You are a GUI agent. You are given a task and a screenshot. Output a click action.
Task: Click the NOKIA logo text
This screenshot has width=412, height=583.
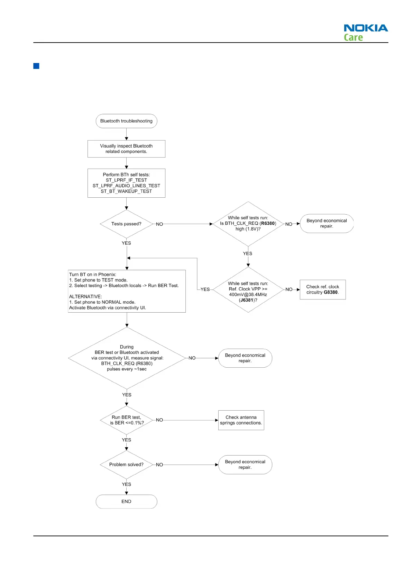[x=366, y=28]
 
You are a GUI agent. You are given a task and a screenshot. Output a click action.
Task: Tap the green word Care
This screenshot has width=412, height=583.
[x=353, y=37]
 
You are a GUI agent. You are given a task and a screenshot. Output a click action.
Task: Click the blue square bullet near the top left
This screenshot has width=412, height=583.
[x=36, y=66]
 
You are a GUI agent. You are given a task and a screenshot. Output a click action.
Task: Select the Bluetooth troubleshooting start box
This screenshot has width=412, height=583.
[x=126, y=121]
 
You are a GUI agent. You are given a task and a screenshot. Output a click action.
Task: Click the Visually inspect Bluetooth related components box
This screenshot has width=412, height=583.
[x=126, y=149]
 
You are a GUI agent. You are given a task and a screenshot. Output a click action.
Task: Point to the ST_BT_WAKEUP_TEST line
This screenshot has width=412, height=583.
[x=126, y=191]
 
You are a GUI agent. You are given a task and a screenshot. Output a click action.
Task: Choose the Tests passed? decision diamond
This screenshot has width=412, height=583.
[x=126, y=224]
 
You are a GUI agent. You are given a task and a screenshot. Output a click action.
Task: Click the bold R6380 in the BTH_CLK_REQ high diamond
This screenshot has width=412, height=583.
[x=268, y=223]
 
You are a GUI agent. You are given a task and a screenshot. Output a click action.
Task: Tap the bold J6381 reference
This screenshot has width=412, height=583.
[x=247, y=300]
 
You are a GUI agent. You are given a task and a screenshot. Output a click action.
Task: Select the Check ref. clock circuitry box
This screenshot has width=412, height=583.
[x=322, y=289]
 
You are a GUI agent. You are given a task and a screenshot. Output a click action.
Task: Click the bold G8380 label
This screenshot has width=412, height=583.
[x=331, y=292]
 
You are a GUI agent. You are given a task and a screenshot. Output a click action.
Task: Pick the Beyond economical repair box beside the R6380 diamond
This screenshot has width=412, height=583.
[x=327, y=223]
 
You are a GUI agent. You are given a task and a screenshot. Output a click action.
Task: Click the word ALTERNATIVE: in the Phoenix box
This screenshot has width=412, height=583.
[x=85, y=297]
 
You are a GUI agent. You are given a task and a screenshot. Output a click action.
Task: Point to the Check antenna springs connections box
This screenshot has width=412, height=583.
[x=241, y=420]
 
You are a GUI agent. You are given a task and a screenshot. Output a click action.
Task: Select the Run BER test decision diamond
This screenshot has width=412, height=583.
[x=126, y=420]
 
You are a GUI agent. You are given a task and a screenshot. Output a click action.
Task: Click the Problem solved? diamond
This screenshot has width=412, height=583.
[x=126, y=465]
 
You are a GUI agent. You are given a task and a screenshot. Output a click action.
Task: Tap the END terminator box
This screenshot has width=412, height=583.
[x=126, y=501]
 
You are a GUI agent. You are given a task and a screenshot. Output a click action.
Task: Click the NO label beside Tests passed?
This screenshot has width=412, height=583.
[x=159, y=224]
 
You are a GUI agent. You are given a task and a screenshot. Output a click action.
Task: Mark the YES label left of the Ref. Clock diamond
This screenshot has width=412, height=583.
[x=205, y=289]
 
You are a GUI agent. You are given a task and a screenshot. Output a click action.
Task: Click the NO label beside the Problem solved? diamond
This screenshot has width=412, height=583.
[x=159, y=465]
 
